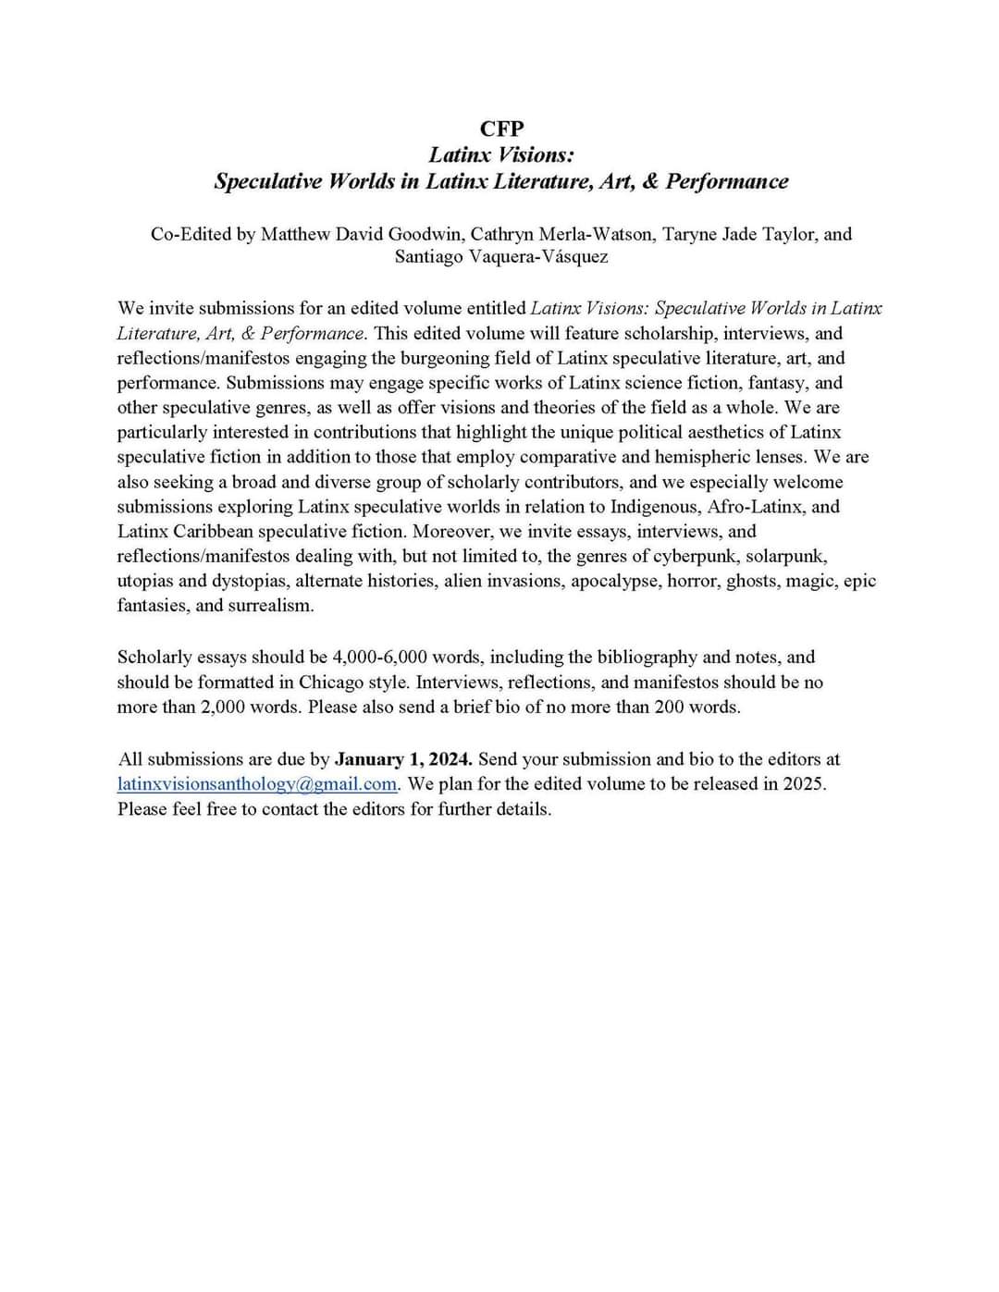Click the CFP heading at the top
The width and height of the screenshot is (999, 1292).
coord(501,129)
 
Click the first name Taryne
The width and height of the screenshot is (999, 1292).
coord(692,234)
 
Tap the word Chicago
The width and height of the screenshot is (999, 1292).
coord(333,683)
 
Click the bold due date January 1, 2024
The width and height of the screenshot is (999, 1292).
coord(403,759)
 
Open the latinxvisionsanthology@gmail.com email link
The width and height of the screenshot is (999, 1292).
coord(257,784)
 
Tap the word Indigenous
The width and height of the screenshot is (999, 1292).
coord(654,507)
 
